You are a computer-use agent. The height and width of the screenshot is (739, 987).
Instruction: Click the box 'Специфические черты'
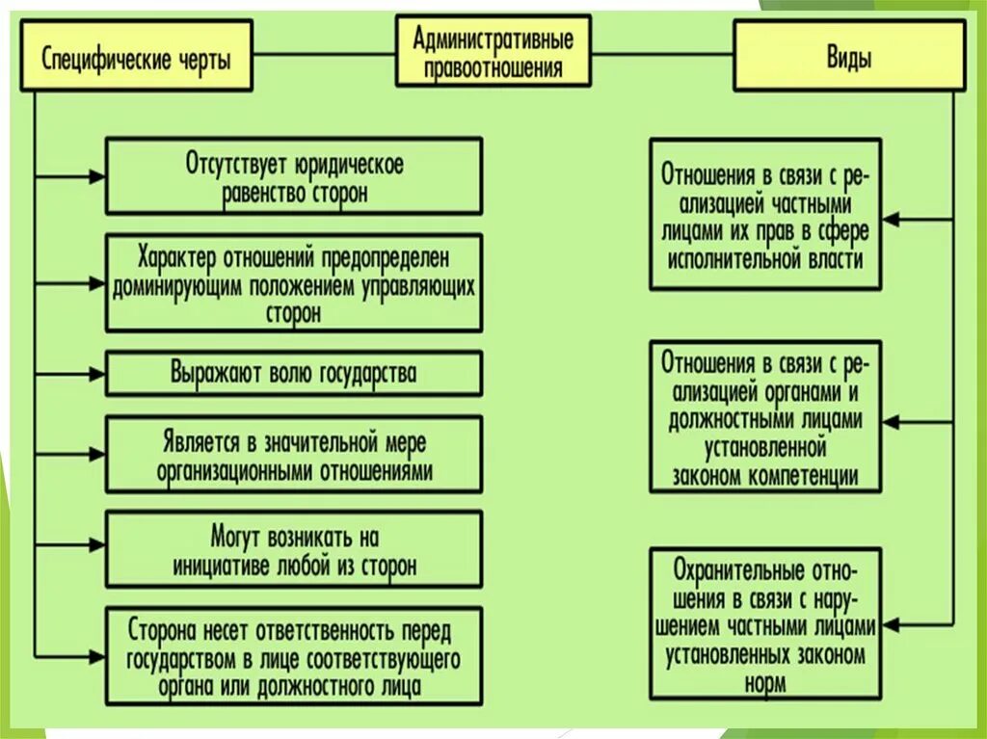[x=136, y=57]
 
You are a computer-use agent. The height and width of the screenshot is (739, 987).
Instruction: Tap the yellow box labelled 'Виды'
[x=849, y=57]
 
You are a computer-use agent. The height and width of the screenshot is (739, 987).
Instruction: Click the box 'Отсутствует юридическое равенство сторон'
[x=293, y=176]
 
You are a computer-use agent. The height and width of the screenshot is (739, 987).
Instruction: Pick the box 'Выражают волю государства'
[x=293, y=373]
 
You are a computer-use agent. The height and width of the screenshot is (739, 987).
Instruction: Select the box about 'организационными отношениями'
[x=293, y=456]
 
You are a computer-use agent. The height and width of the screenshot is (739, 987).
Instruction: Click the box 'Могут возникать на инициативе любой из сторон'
[x=293, y=549]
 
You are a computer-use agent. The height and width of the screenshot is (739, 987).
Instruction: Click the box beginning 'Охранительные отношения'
[x=764, y=623]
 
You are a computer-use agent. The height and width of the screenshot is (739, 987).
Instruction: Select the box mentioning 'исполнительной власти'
[x=764, y=215]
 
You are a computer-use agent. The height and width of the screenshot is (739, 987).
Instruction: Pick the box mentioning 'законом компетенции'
[x=764, y=416]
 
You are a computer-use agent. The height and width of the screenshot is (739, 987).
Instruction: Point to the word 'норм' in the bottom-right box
[x=764, y=684]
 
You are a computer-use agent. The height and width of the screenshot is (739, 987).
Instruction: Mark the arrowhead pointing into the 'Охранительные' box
[x=891, y=623]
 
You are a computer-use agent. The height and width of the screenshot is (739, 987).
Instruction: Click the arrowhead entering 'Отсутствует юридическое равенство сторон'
[x=97, y=176]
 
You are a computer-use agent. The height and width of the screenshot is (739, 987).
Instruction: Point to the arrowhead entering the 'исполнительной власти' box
[x=891, y=219]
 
